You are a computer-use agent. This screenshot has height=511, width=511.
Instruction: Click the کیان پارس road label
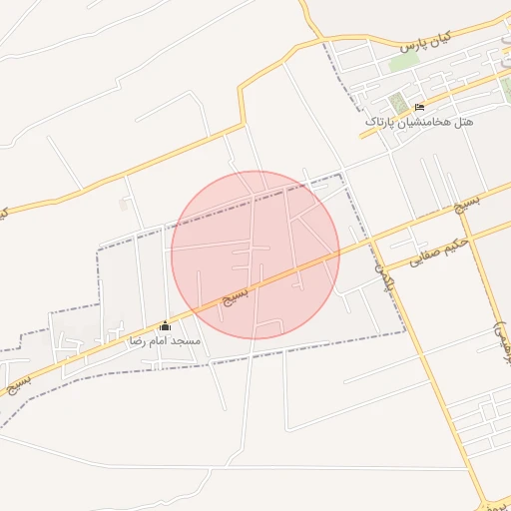tap(426, 42)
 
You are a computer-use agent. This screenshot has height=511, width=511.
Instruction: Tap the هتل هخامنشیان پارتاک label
tap(419, 122)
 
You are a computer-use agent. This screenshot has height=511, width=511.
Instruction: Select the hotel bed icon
tap(419, 107)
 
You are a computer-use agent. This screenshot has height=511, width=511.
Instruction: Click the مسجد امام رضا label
tap(165, 340)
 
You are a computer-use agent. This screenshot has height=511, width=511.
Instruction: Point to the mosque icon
tap(165, 326)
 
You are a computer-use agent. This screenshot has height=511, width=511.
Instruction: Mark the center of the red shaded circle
tap(255, 255)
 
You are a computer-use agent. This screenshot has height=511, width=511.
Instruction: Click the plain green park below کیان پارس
tap(403, 62)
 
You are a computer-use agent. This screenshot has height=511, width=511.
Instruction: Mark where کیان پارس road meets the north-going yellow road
tap(322, 39)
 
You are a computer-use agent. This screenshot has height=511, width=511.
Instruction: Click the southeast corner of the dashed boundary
tap(404, 333)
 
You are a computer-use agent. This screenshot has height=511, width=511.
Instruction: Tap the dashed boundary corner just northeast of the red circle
tap(342, 176)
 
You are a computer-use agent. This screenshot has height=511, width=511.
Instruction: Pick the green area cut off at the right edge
tap(506, 91)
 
